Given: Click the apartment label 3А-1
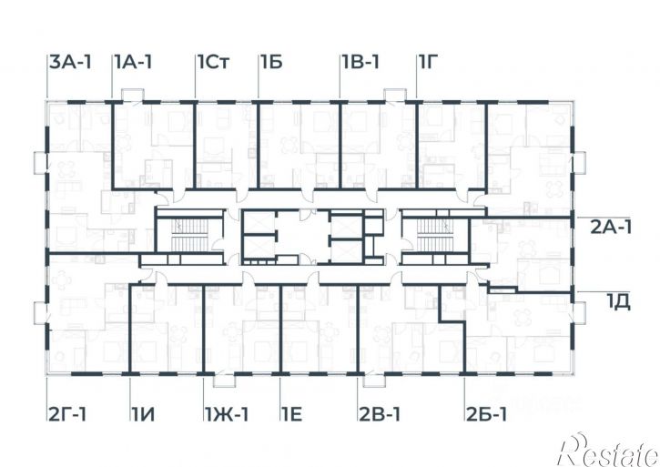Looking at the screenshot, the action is click(x=70, y=62).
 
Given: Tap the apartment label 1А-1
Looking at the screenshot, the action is click(x=133, y=62).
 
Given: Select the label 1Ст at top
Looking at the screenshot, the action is click(x=214, y=62).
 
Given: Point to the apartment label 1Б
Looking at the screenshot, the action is click(x=271, y=62).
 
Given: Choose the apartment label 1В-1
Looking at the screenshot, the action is click(x=360, y=62).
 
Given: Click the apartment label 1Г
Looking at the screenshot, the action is click(x=429, y=62).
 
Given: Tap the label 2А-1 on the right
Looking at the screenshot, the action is click(x=611, y=228).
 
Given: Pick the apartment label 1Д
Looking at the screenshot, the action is click(x=618, y=302).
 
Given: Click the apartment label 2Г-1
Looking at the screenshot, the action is click(x=67, y=414).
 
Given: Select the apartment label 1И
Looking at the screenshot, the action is click(x=143, y=414).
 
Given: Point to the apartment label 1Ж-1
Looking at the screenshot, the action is click(x=227, y=414).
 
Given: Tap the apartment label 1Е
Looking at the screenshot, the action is click(x=292, y=414).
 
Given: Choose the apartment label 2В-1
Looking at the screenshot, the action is click(x=380, y=414).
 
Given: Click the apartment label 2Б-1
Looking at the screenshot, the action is click(x=487, y=414).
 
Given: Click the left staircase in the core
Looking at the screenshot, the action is click(x=190, y=235).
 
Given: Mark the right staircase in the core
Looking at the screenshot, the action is click(x=435, y=235).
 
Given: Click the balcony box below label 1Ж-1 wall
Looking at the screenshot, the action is click(x=224, y=381).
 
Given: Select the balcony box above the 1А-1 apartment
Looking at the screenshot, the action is click(x=133, y=95).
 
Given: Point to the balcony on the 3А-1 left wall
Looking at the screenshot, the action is click(x=40, y=162).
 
